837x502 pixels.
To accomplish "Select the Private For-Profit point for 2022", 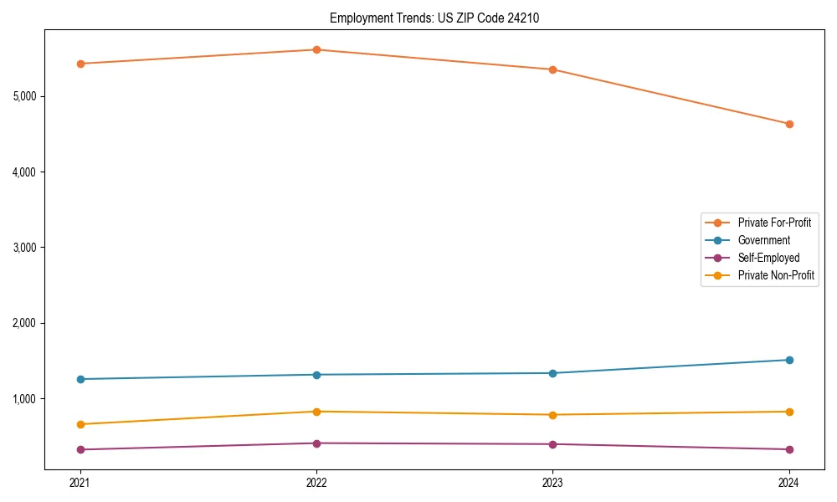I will click(x=316, y=49).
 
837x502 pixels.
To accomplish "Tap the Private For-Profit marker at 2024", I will click(x=788, y=124).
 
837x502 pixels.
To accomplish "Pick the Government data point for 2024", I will click(x=788, y=360).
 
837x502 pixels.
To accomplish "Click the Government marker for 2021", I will click(x=80, y=379).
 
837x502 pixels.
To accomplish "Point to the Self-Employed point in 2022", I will click(x=316, y=443).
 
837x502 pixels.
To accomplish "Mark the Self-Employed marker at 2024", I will click(x=788, y=449).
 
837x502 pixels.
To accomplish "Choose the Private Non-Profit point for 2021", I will click(x=80, y=424).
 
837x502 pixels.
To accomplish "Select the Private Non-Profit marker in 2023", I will click(x=552, y=415).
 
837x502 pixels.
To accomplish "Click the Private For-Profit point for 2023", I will click(x=552, y=69).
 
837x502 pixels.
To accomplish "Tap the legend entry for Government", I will click(x=763, y=240).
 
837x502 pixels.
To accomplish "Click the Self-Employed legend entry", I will click(x=768, y=258).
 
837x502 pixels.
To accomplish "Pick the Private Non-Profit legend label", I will click(x=776, y=275).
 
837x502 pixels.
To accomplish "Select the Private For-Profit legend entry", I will click(x=774, y=223).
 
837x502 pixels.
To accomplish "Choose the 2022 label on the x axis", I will click(x=316, y=482).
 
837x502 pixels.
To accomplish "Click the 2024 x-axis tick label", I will click(x=788, y=482).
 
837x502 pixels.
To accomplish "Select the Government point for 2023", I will click(x=552, y=373).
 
